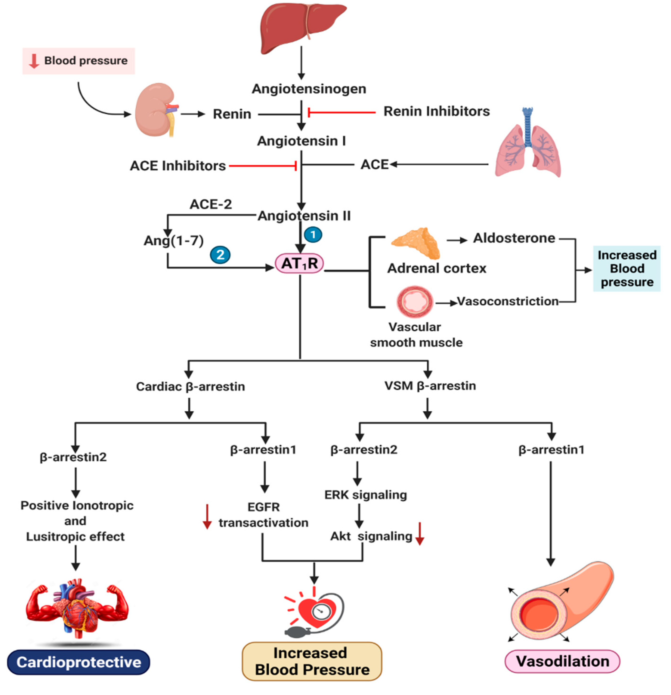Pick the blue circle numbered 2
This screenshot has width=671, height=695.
point(220,255)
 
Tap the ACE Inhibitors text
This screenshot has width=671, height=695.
point(178,166)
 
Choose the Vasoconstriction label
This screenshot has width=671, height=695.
point(508,301)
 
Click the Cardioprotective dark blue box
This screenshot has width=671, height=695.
point(78,662)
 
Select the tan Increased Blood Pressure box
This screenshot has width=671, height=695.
point(312,661)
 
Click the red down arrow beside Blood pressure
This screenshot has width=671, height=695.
point(34,61)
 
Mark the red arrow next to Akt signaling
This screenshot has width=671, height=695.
point(420,533)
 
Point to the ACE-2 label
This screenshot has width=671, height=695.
point(211,204)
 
